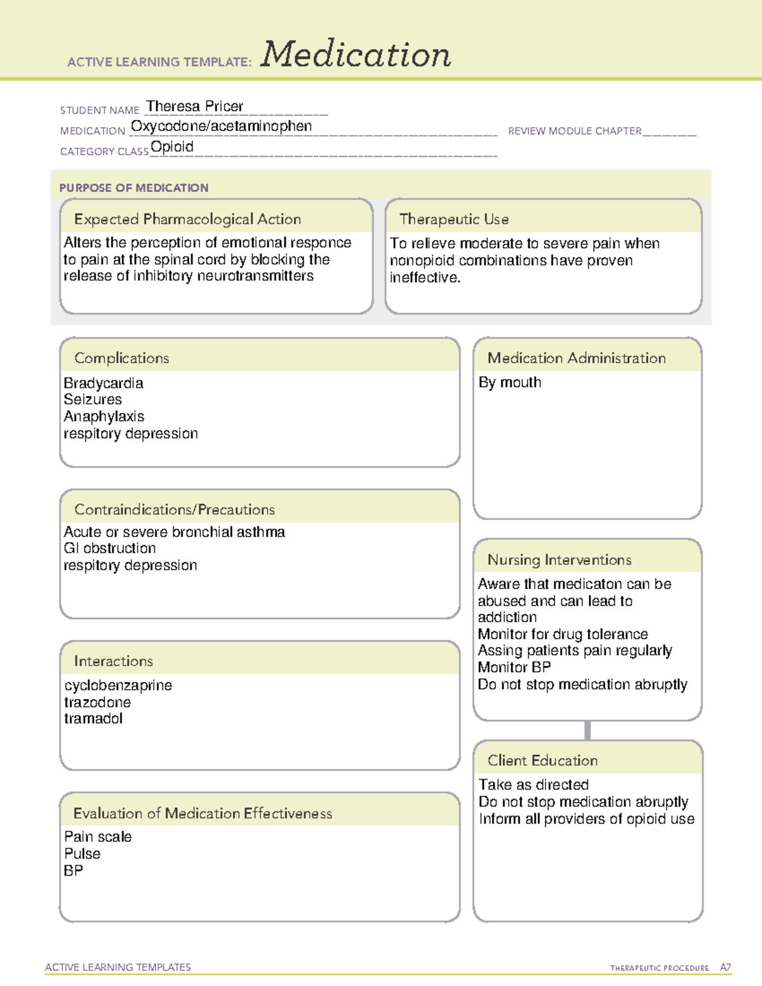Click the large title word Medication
[356, 55]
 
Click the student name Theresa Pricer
[195, 106]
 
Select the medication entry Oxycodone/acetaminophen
[221, 126]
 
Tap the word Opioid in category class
[172, 147]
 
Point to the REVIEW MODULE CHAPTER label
[575, 131]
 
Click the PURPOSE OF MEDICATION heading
[133, 188]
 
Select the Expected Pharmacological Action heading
[187, 219]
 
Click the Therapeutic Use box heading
[454, 219]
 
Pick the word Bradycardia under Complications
[104, 383]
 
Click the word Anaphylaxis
[104, 416]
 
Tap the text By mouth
[510, 382]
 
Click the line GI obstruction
[110, 548]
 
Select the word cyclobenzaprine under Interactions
[118, 685]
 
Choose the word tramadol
[93, 719]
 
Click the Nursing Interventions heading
[559, 560]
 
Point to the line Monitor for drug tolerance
[563, 634]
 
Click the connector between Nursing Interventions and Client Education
[587, 730]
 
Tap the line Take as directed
[533, 785]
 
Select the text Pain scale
[98, 837]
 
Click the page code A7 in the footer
[725, 968]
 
